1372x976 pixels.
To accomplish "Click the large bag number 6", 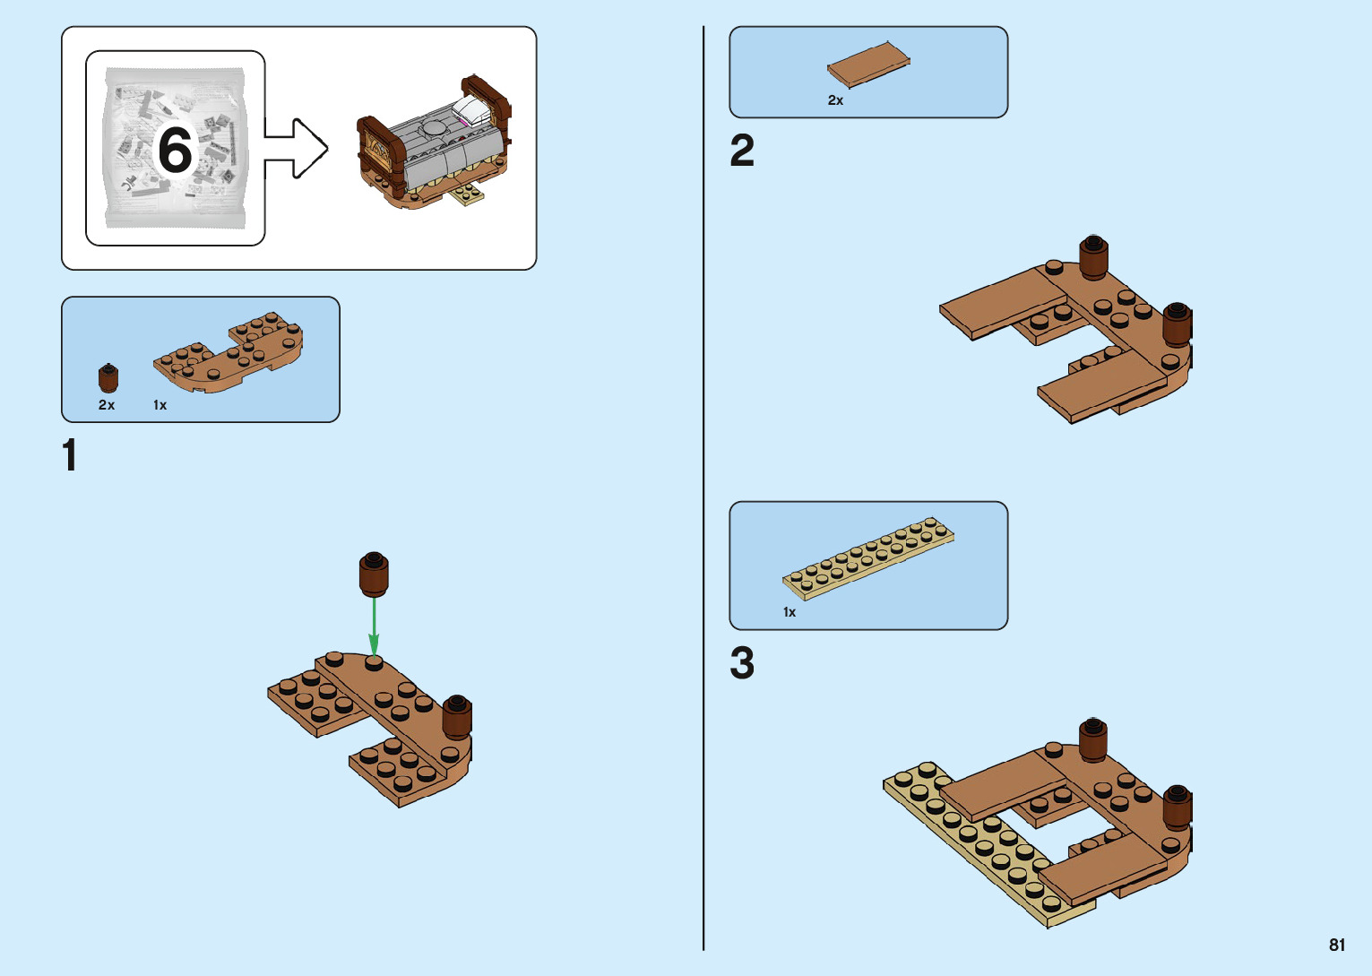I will (x=176, y=149).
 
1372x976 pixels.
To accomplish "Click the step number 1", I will (x=70, y=455).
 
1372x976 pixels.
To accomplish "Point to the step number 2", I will (x=742, y=151).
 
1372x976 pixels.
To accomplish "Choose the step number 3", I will (x=742, y=664).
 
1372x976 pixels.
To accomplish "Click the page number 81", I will (x=1337, y=945).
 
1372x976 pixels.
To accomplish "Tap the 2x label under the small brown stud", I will (x=107, y=405).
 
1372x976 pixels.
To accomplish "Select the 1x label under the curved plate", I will (x=160, y=405).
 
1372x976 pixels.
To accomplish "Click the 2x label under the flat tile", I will (x=835, y=100).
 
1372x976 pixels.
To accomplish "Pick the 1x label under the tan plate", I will (x=790, y=612).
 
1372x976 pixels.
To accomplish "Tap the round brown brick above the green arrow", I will (x=374, y=574).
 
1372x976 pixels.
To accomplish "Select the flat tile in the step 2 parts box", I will (x=868, y=65).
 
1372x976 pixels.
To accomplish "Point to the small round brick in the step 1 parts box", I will (x=108, y=378).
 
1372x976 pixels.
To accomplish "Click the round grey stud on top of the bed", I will (x=434, y=127).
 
